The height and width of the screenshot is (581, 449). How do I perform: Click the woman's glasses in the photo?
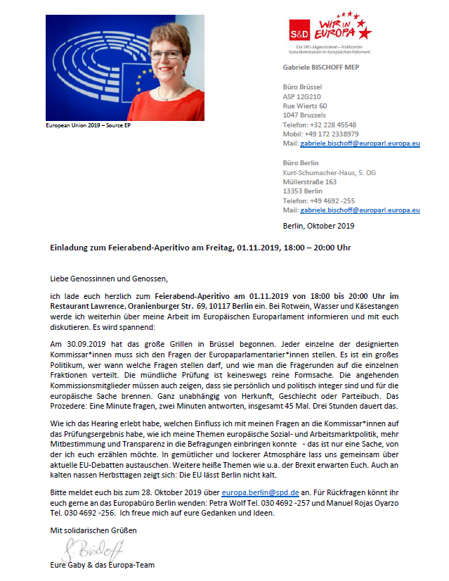pos(163,53)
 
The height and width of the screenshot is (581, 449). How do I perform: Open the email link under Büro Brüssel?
pos(360,143)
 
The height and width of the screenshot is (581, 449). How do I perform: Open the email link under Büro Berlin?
pos(360,210)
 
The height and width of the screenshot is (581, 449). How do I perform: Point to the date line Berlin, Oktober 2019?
pos(318,226)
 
